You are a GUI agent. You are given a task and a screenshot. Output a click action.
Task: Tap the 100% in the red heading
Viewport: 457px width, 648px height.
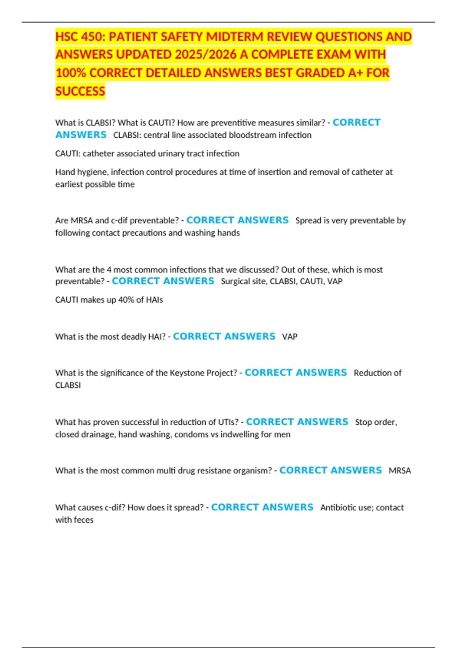(x=71, y=73)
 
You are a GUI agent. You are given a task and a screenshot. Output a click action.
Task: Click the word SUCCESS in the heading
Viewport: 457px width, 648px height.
(x=80, y=91)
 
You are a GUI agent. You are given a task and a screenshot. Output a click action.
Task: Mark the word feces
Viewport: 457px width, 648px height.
(x=84, y=520)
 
